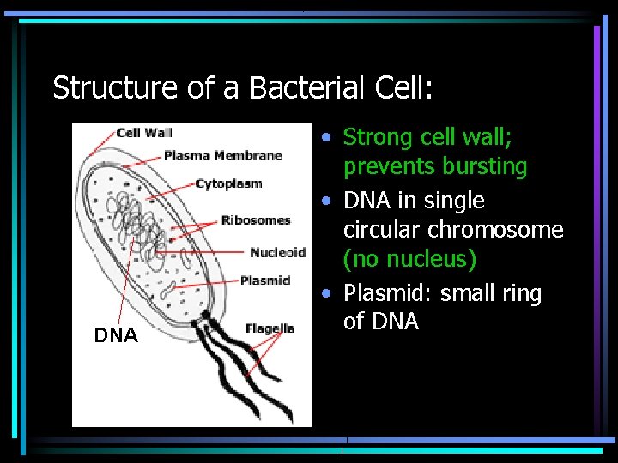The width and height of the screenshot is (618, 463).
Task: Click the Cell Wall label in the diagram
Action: point(144,132)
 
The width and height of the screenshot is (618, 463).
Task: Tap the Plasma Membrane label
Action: point(222,155)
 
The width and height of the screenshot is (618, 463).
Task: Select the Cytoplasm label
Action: point(228,183)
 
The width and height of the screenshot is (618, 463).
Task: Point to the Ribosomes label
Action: point(256,219)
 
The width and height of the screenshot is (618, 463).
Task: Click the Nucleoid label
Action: point(277,251)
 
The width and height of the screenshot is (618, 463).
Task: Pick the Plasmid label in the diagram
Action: point(265,280)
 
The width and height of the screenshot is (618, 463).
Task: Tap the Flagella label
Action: point(270,328)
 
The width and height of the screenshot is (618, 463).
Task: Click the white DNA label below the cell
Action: point(116,336)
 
